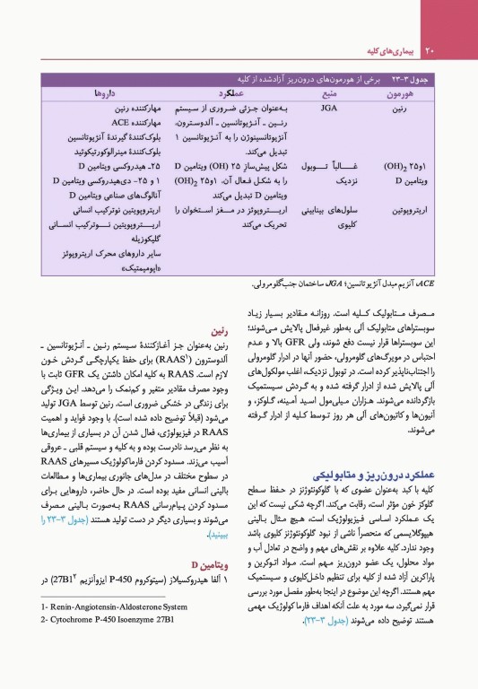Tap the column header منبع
(x=328, y=93)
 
